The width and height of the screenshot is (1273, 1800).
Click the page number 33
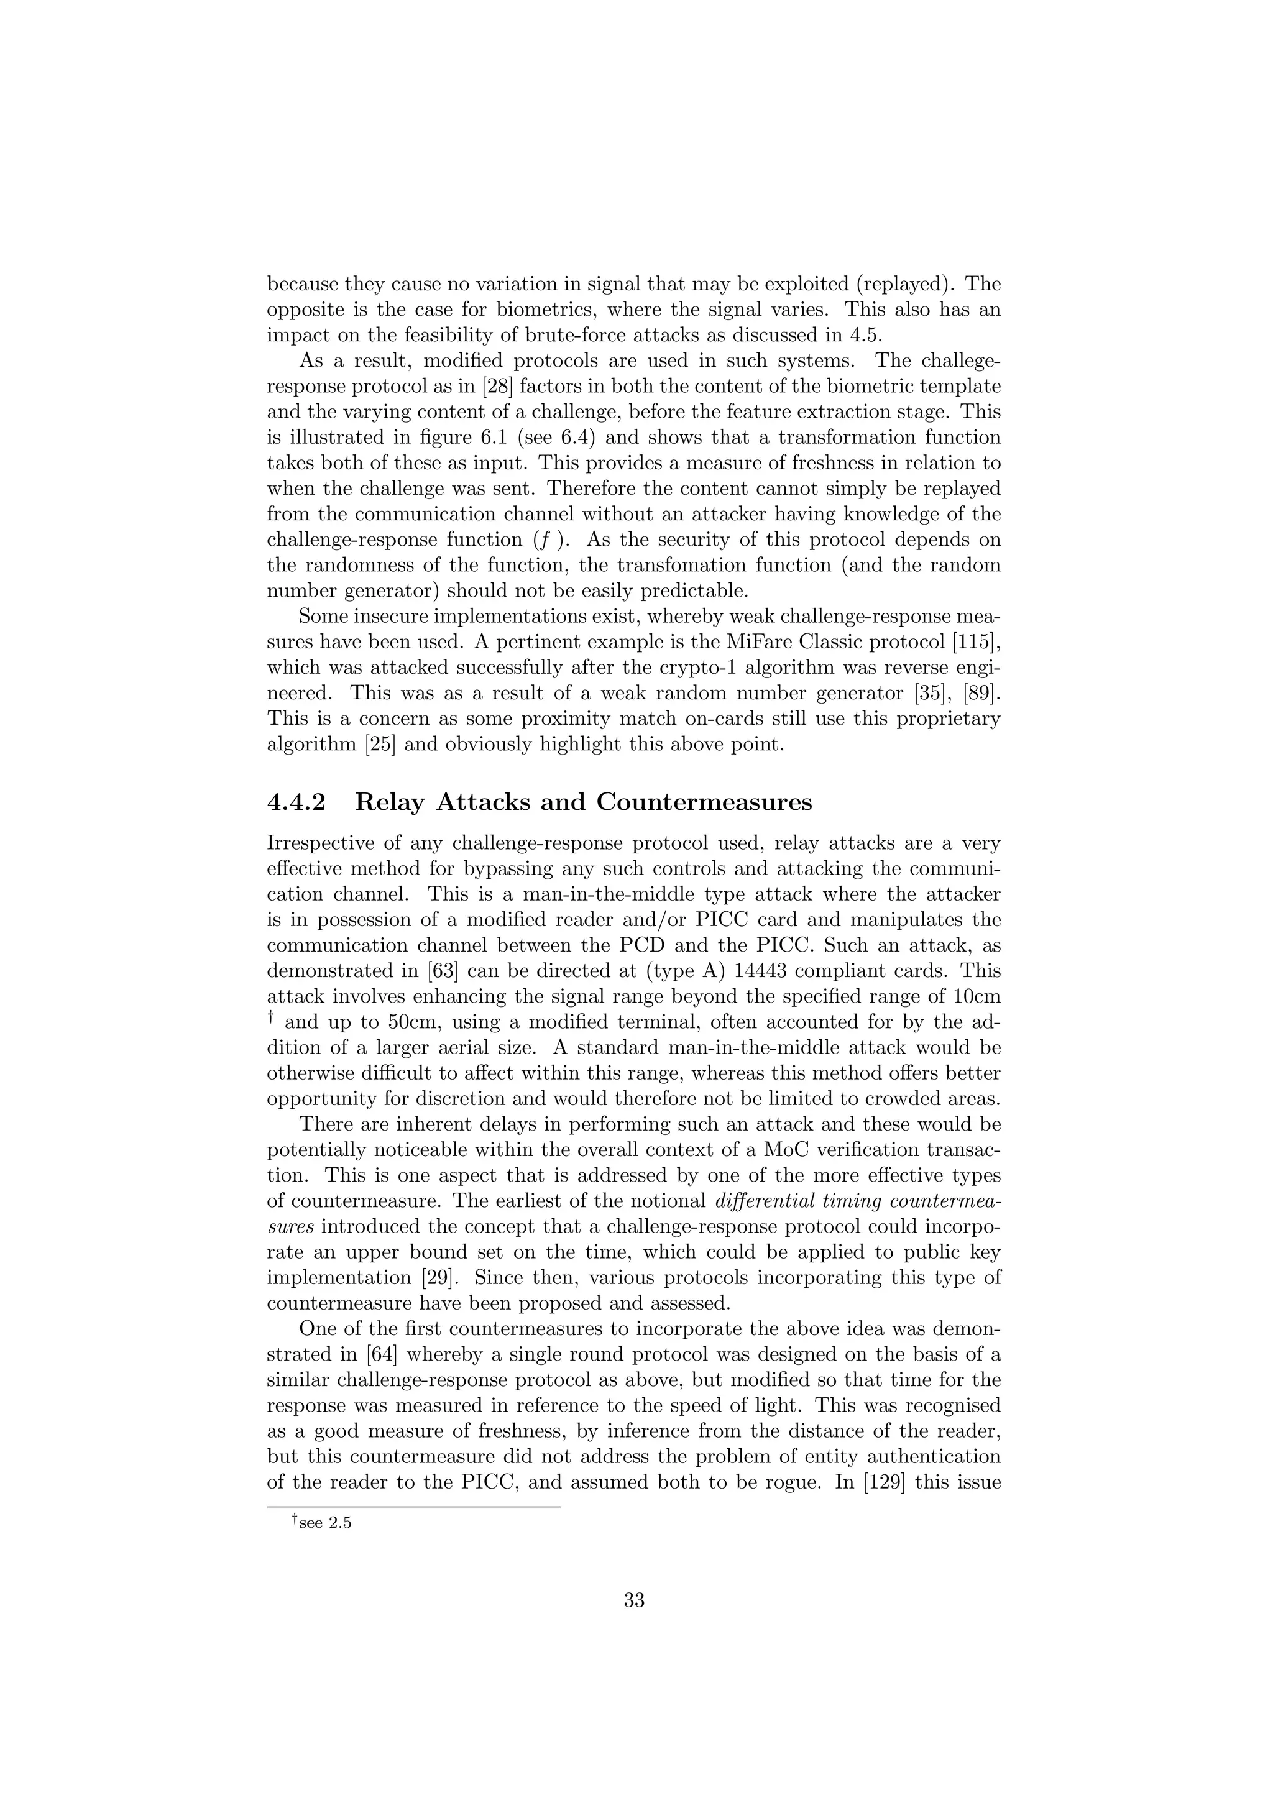634,1600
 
